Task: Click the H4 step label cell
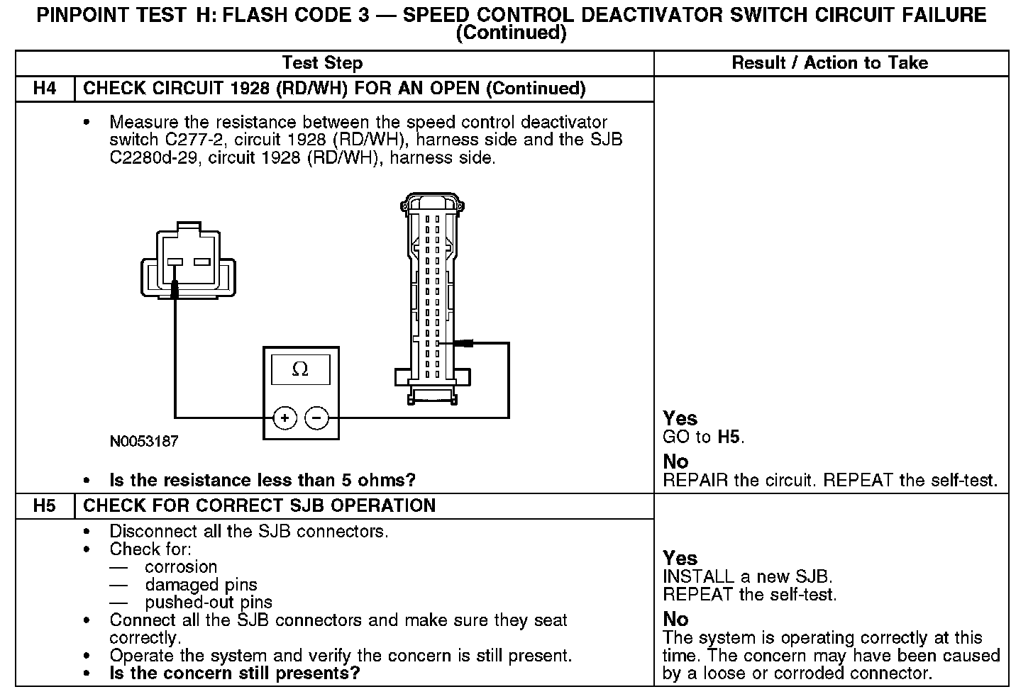45,89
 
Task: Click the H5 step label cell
45,506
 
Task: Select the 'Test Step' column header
322,63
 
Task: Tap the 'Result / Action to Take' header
829,63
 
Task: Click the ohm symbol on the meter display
300,369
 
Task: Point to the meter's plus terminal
285,418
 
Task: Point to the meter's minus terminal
316,418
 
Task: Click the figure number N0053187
144,441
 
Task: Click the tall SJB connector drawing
431,298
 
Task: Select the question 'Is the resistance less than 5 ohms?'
263,480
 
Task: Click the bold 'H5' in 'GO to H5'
729,437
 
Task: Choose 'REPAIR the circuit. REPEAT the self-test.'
829,480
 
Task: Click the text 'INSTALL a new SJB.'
747,576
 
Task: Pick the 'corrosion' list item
181,567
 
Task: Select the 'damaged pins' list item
201,585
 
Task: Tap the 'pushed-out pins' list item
209,603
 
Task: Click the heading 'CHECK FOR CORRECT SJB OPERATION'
259,506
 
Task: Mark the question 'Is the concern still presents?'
234,673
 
